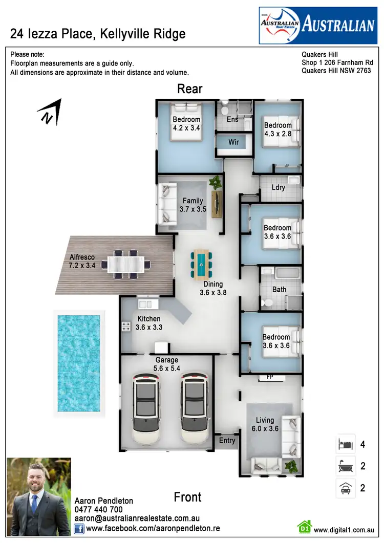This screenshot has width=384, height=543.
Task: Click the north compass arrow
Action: (x=50, y=112)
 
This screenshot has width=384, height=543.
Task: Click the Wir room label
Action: (x=233, y=142)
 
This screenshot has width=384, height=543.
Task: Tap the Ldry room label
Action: (x=278, y=187)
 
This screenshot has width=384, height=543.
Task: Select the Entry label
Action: (x=227, y=440)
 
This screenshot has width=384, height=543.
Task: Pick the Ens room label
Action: (x=232, y=120)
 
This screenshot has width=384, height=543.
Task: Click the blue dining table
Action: (x=201, y=264)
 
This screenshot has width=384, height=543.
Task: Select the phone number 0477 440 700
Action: (x=98, y=510)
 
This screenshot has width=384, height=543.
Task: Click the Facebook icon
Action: (x=79, y=528)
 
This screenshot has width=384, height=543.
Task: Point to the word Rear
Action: (x=189, y=89)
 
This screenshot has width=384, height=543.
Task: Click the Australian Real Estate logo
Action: (x=317, y=25)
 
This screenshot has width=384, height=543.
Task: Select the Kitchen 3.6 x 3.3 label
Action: (x=148, y=323)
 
